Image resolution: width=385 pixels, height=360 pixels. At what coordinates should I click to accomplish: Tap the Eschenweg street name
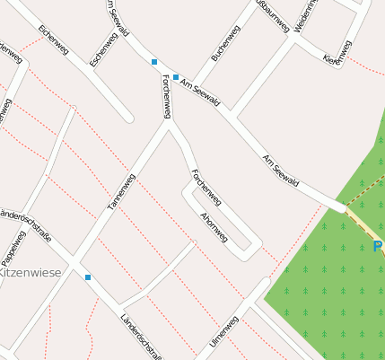click(104, 50)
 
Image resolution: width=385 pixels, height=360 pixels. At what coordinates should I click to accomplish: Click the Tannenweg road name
click(121, 191)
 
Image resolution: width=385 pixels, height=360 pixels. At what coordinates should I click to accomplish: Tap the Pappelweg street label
click(12, 244)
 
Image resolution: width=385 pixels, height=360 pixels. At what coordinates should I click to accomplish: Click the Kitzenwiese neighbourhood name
click(31, 270)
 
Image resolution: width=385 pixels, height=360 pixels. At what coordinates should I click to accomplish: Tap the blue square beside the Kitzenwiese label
click(88, 277)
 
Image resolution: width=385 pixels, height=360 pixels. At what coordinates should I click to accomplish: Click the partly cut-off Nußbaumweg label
click(273, 13)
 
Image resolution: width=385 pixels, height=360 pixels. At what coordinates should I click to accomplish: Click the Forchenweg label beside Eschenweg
click(165, 95)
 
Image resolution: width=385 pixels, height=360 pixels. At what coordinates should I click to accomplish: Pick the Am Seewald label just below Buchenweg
click(200, 92)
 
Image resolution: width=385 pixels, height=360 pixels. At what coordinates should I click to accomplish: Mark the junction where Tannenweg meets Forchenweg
click(168, 125)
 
